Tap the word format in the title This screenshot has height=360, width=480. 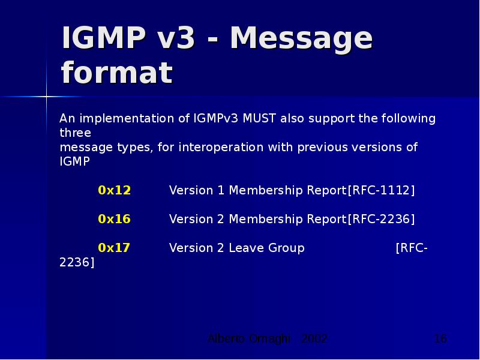[117, 73]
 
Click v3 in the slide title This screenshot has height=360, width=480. [176, 38]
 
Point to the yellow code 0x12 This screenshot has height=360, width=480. [114, 190]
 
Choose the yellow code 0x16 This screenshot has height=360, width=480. [114, 219]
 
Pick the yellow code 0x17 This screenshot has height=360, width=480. [114, 248]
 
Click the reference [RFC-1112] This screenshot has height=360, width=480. [381, 190]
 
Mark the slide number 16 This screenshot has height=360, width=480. [440, 339]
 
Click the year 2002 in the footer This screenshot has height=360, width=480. [314, 339]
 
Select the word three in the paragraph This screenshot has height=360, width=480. [75, 133]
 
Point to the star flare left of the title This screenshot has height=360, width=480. [47, 96]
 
